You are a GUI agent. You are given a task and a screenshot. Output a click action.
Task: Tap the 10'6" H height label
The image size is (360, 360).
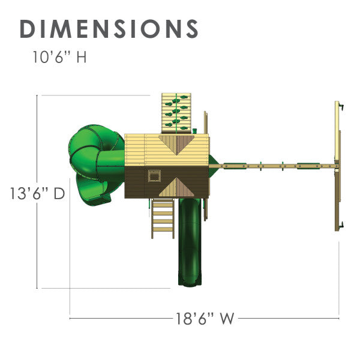pos(60,58)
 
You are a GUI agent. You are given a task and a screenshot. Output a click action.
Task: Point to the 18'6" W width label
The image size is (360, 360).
pos(205,318)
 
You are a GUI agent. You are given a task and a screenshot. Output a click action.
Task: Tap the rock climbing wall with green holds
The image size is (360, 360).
pos(176,113)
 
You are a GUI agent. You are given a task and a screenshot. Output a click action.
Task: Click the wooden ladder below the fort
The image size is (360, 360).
pos(162,218)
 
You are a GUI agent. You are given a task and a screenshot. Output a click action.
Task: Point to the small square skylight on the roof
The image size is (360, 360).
pos(154,176)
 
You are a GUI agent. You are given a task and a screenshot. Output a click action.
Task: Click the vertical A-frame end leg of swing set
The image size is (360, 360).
pos(337,165)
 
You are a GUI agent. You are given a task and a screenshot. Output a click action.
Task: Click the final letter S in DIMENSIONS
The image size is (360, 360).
pos(190,29)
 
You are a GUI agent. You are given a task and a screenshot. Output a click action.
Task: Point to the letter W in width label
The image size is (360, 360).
pos(226,318)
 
